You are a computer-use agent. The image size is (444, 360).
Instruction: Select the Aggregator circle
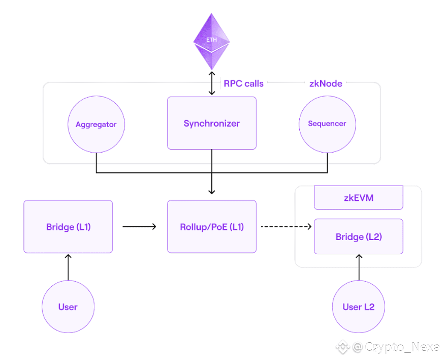96,125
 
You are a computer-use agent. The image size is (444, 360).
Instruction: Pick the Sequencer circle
327,124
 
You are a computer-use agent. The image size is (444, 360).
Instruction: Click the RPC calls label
243,83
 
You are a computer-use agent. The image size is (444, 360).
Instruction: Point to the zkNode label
326,83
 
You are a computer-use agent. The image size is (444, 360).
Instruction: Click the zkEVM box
358,198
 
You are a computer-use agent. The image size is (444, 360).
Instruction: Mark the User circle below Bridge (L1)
68,307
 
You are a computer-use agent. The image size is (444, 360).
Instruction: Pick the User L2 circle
358,307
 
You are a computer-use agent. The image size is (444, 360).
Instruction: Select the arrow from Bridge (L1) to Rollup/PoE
139,227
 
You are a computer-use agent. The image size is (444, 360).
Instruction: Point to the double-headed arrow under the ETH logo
211,83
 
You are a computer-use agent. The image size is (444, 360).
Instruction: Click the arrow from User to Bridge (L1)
68,266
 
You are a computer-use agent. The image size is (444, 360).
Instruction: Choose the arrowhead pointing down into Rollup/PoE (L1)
211,191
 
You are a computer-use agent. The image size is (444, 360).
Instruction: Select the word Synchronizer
211,123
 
